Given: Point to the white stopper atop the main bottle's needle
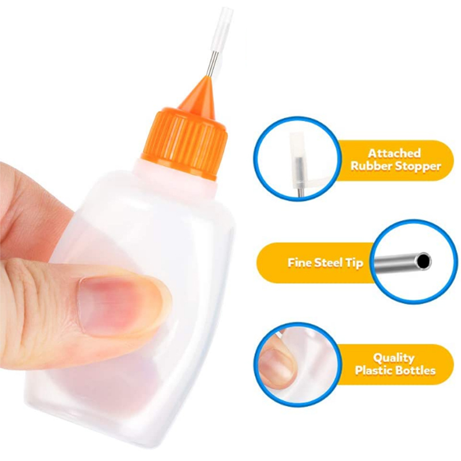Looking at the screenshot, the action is click(224, 29).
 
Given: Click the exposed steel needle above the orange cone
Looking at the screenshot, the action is click(210, 63).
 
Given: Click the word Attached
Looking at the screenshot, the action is click(395, 153).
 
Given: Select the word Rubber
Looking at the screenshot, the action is click(371, 166).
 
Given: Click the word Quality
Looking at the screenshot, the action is click(394, 358).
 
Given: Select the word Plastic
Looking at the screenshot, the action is click(373, 371).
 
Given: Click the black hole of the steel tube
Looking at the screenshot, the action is click(424, 262).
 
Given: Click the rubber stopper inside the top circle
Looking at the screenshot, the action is click(298, 160).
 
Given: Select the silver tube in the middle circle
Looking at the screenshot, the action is click(403, 262).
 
